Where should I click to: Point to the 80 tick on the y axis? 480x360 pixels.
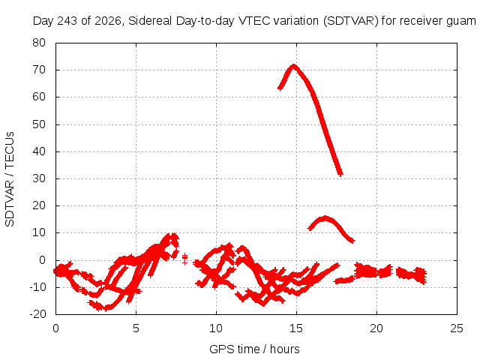[x=39, y=43]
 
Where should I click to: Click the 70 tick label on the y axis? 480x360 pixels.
[x=39, y=70]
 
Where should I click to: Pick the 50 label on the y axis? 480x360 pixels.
[x=39, y=124]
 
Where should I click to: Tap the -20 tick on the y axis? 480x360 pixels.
[x=37, y=313]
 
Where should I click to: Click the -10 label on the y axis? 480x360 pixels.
[x=37, y=286]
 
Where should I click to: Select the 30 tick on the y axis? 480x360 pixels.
[x=39, y=178]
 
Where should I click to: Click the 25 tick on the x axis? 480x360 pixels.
[x=457, y=328]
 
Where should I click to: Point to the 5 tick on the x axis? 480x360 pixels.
[x=136, y=328]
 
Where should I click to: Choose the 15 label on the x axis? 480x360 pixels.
[x=296, y=328]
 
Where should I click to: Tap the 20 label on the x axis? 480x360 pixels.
[x=376, y=328]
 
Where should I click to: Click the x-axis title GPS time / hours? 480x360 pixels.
[x=254, y=349]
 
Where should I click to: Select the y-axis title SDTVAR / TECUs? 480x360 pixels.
[x=10, y=179]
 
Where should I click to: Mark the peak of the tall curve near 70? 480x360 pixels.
[x=293, y=65]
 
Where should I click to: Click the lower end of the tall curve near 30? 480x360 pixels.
[x=340, y=174]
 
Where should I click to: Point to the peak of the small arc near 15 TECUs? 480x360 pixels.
[x=325, y=217]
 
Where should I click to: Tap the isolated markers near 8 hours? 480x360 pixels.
[x=184, y=259]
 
